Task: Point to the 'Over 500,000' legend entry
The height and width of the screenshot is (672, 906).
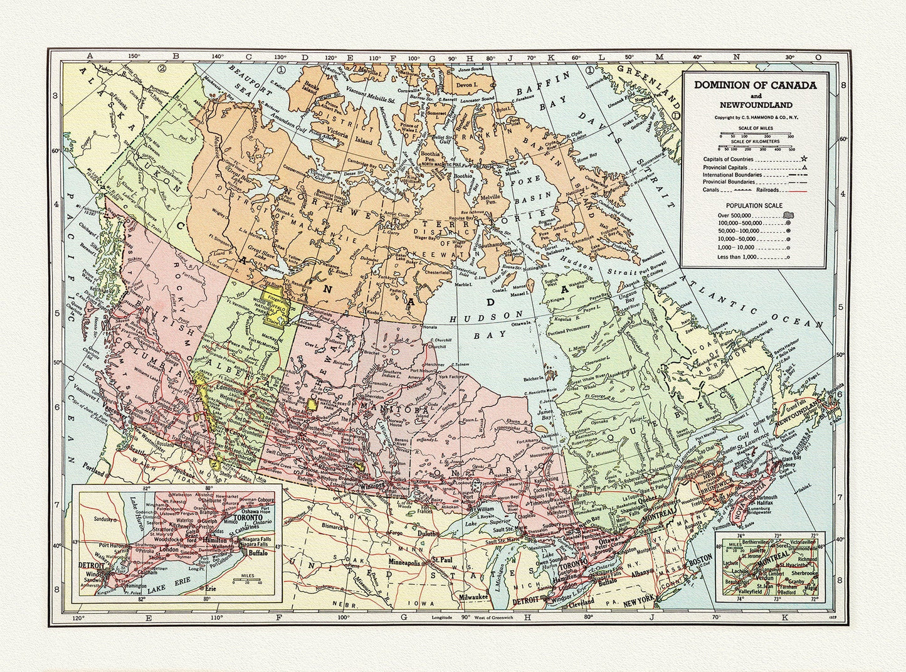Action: point(735,215)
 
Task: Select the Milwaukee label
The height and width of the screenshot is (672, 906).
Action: point(473,597)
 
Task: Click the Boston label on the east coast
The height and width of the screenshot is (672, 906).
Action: point(699,558)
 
